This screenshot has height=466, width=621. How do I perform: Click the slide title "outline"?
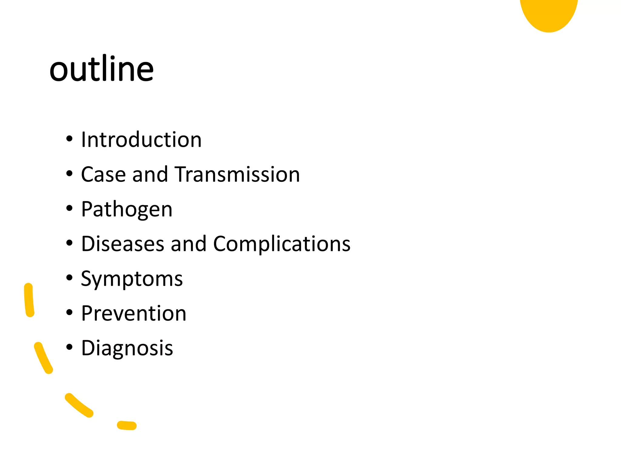102,69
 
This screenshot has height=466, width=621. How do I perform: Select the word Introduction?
141,140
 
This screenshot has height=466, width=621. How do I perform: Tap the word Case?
103,174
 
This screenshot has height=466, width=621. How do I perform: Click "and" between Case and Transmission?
150,174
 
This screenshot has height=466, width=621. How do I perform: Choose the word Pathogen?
127,209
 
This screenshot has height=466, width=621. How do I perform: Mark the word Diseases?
123,244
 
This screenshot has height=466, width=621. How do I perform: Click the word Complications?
282,244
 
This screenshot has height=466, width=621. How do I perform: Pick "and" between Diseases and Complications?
188,244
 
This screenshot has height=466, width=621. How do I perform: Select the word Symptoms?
132,279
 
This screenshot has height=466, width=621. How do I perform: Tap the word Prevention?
134,313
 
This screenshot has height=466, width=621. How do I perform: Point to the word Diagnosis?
127,348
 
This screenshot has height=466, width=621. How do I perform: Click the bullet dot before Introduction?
69,139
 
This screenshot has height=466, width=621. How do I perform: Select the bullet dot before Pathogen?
69,208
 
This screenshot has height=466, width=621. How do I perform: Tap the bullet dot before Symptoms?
69,278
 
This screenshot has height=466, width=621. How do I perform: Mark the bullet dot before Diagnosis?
69,347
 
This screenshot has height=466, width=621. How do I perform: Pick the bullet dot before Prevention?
69,312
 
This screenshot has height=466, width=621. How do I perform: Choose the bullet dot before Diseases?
69,243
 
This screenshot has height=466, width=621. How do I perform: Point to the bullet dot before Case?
69,174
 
